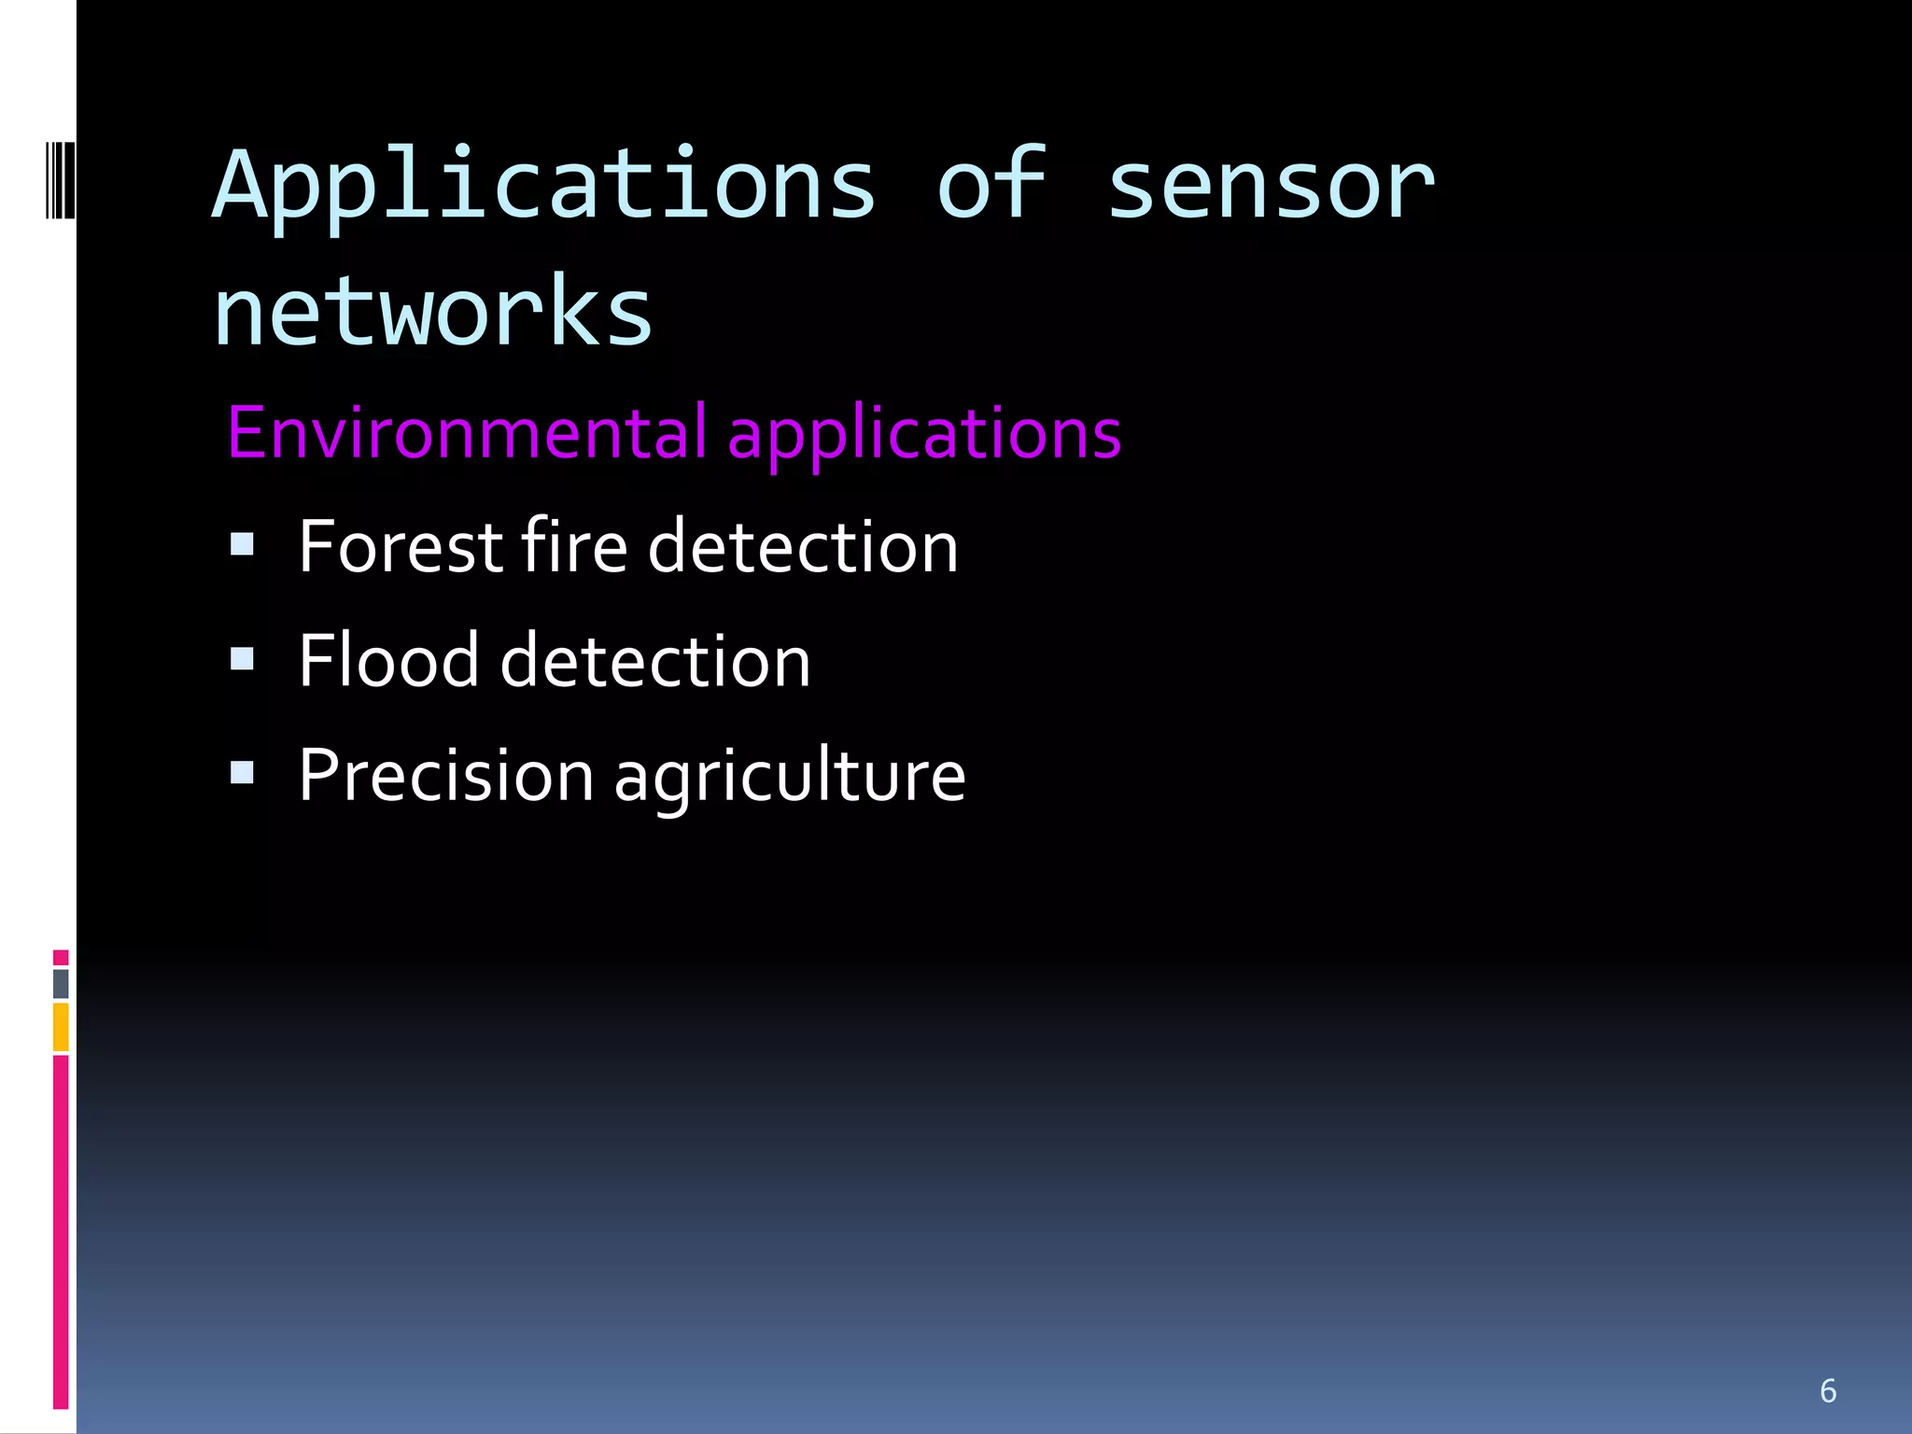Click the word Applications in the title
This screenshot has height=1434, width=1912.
[544, 187]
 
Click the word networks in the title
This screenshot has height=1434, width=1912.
[433, 312]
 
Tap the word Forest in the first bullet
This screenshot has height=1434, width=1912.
[401, 547]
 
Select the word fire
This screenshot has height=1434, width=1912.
[574, 547]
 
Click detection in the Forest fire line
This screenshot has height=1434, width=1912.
[803, 547]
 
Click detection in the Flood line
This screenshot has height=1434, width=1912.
[655, 661]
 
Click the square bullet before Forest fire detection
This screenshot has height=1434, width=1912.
[242, 544]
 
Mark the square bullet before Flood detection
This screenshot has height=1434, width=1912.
[242, 659]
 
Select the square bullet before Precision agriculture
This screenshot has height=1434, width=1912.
[242, 773]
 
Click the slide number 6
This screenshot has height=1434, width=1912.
[1828, 1391]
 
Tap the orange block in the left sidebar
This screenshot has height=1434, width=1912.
[61, 1027]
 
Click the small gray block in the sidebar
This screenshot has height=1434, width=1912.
[61, 983]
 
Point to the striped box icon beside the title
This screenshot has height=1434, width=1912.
[60, 179]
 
